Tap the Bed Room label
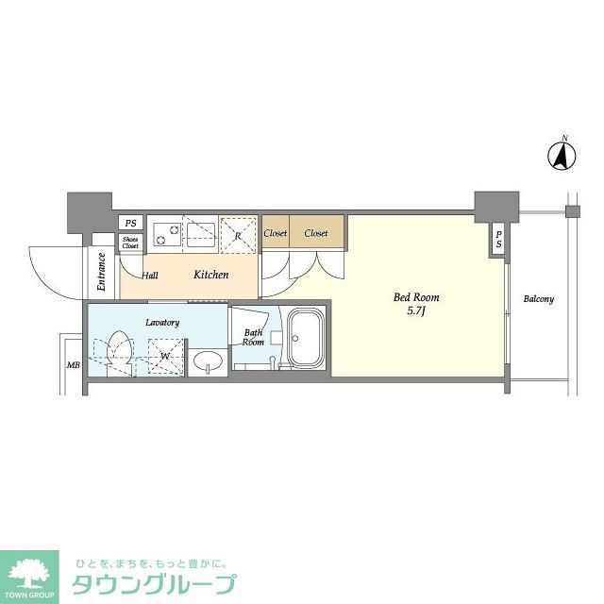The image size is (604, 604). [416, 297]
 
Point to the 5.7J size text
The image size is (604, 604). [416, 311]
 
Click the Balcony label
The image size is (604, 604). [539, 300]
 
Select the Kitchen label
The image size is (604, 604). [211, 275]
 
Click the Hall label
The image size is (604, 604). [150, 276]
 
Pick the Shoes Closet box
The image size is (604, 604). [130, 243]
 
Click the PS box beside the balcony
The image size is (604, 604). [497, 241]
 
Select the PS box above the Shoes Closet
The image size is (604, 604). [130, 224]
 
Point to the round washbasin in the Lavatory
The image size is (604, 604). [207, 361]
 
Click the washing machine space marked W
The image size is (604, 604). [164, 356]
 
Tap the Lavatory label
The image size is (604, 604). [162, 323]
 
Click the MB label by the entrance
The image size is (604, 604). [72, 364]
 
